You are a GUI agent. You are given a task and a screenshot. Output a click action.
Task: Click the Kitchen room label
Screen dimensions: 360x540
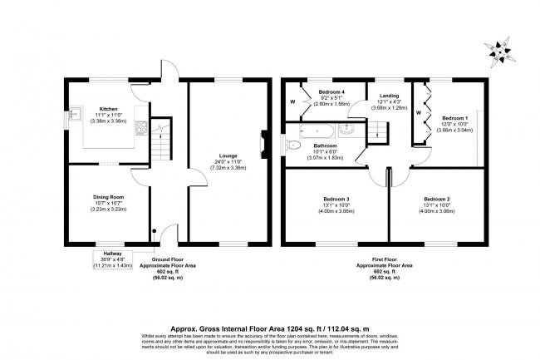(x=109, y=108)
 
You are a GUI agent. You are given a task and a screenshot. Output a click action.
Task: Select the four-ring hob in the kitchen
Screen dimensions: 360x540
(x=140, y=128)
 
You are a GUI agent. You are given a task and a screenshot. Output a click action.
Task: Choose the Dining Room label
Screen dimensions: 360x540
(x=109, y=197)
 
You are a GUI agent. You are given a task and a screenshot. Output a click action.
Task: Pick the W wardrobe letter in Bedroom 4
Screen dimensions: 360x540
(x=292, y=101)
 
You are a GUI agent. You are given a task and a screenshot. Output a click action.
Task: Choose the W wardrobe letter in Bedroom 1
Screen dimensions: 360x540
(x=418, y=111)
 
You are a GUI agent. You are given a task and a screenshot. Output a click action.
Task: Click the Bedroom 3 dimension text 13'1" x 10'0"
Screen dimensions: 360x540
(x=336, y=205)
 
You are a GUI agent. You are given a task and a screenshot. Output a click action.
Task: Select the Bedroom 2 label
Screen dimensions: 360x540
(x=436, y=200)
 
